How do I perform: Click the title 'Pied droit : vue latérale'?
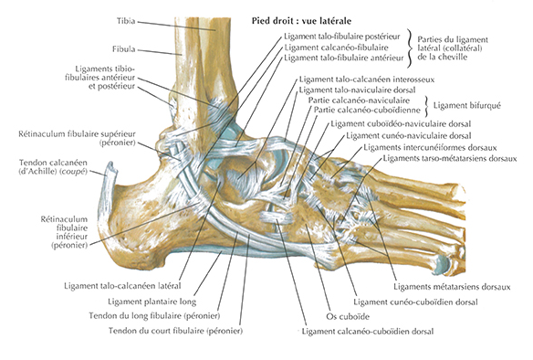coord(301,21)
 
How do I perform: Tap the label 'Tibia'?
coord(126,21)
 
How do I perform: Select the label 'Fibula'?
coord(124,49)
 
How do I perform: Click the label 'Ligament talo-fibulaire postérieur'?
coord(342,37)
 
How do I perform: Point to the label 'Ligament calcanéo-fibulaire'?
coord(336,48)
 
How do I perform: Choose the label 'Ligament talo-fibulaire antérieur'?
coord(344,58)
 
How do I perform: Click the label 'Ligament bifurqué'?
coord(466,105)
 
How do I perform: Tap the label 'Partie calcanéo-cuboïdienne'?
coord(367,111)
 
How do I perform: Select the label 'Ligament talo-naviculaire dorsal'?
coord(357,90)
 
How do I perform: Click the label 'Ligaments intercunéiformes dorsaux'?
coord(430,148)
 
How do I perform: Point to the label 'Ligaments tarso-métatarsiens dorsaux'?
coord(450,159)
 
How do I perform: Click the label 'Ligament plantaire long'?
coord(152,302)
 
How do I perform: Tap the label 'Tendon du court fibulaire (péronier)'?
coord(175,331)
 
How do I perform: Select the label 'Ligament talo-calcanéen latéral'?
coord(122,286)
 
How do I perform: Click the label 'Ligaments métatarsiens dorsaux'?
coord(452,287)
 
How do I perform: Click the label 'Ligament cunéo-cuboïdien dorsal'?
coord(416,302)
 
